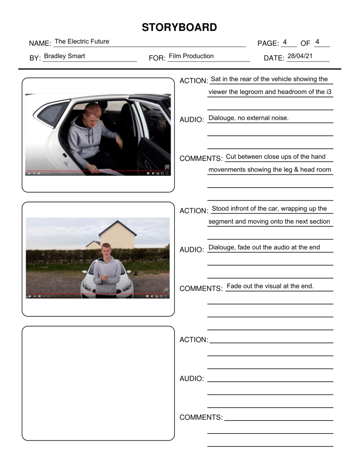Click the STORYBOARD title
(x=179, y=27)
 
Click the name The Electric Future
(x=82, y=41)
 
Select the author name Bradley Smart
(x=64, y=56)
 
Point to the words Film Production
(x=191, y=56)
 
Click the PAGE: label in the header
(x=268, y=44)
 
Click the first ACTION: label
(x=193, y=81)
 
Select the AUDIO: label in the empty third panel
(x=192, y=379)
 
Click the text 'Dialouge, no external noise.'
(x=248, y=118)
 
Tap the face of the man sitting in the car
(x=94, y=112)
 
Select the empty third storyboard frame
(x=98, y=383)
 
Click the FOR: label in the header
(x=157, y=58)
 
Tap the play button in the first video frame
(x=30, y=174)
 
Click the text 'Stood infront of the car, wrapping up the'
(x=269, y=209)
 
